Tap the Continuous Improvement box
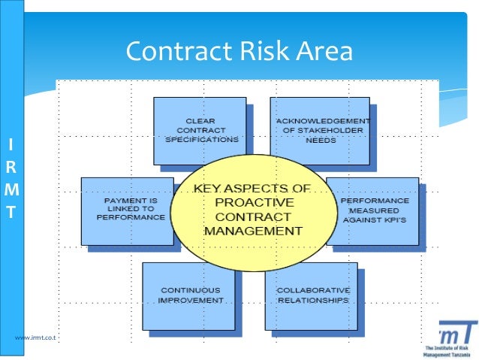tap(190, 295)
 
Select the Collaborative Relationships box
tap(312, 295)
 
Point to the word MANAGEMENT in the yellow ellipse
tap(252, 231)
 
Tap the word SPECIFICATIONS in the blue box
tap(201, 139)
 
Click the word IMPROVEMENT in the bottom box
tap(191, 300)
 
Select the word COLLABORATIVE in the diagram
tap(313, 290)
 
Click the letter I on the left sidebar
tap(11, 144)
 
